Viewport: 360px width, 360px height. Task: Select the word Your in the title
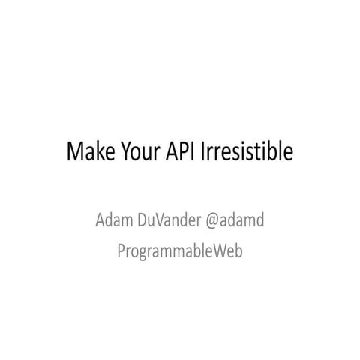[135, 152]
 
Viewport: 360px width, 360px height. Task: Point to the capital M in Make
[75, 152]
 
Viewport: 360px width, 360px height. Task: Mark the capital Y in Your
[121, 152]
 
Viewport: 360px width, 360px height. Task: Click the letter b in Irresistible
[273, 152]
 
